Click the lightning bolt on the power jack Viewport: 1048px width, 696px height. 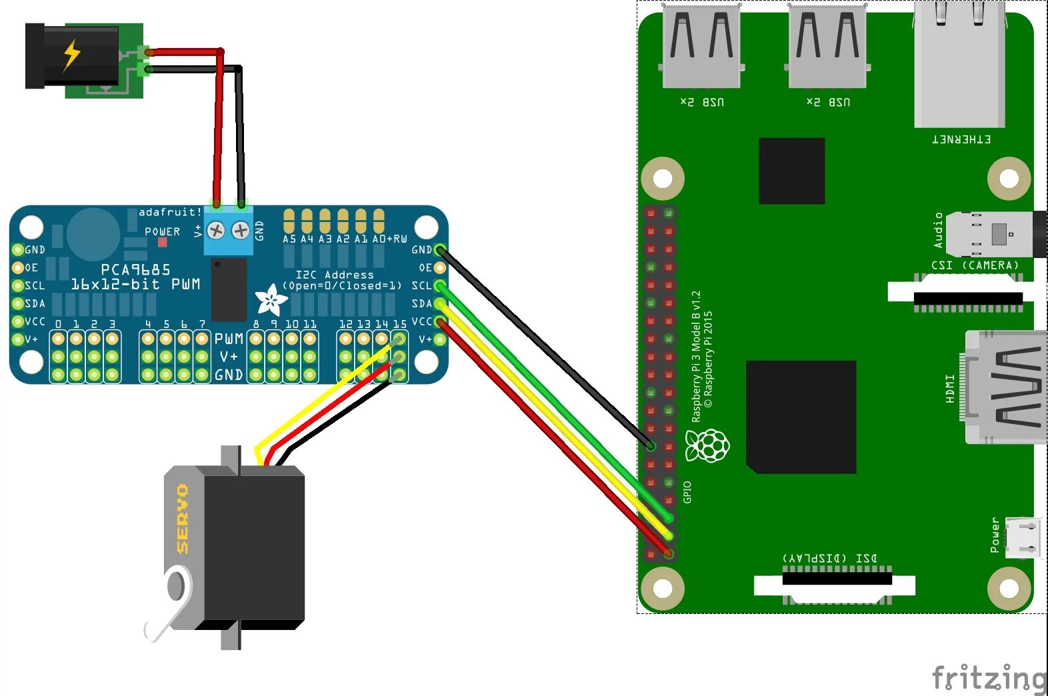(71, 55)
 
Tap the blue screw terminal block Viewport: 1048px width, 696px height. (228, 231)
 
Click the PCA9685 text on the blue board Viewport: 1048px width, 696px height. (135, 269)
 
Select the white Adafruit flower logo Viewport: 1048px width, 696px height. (271, 299)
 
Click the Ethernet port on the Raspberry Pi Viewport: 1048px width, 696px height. (959, 64)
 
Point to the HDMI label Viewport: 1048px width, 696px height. (950, 388)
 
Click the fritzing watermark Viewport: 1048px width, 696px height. (989, 678)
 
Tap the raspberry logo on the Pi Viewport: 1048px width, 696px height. (707, 445)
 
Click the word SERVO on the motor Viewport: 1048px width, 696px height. (182, 519)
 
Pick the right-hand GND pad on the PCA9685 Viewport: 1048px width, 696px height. (439, 250)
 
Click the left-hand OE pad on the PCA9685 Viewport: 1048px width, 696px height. (18, 268)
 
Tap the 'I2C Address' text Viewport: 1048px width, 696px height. (335, 275)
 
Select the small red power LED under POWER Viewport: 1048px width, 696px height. (162, 243)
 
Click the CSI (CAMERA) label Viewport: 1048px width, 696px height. (975, 265)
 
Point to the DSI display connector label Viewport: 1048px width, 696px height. (829, 557)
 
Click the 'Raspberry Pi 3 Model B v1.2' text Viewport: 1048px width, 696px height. (696, 356)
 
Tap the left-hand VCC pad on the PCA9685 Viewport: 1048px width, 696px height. (18, 322)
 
